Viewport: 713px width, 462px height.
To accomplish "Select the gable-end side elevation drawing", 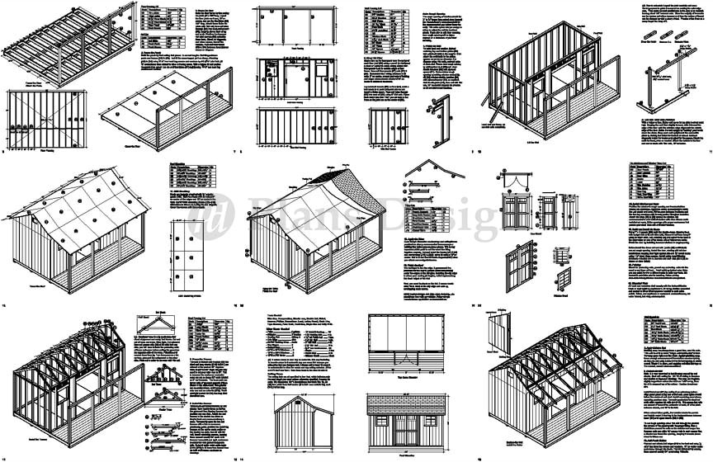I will click(x=300, y=422).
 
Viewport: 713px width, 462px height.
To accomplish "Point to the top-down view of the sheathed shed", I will click(x=409, y=341).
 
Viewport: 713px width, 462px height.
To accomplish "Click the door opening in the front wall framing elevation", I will click(x=292, y=75).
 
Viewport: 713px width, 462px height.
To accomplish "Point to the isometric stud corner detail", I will click(x=443, y=115).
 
